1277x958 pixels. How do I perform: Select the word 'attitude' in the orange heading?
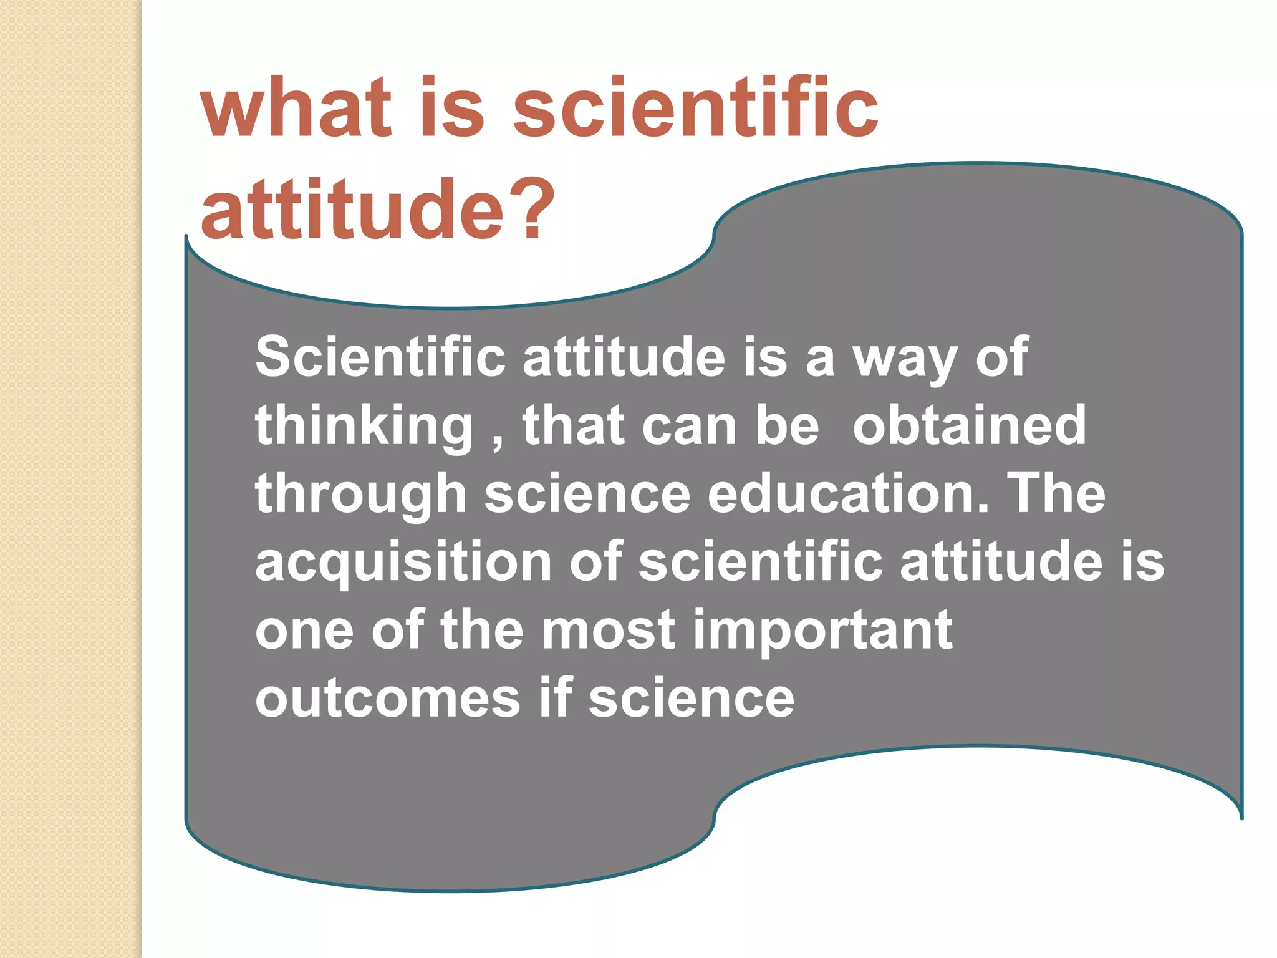point(352,208)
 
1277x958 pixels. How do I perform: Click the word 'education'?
point(848,493)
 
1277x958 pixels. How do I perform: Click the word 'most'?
point(608,631)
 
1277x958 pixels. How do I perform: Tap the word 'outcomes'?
point(387,699)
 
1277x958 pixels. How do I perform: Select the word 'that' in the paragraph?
point(573,425)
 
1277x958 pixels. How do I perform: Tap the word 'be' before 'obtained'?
point(788,425)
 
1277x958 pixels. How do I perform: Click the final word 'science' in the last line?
point(692,699)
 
